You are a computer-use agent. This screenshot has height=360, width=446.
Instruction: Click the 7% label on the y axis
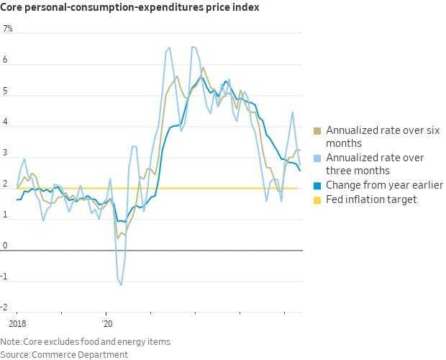pyautogui.click(x=8, y=30)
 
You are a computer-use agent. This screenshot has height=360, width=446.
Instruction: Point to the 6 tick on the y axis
pyautogui.click(x=5, y=60)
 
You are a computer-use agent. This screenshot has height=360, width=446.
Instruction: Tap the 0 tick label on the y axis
pyautogui.click(x=5, y=246)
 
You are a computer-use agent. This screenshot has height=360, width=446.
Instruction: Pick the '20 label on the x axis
pyautogui.click(x=107, y=325)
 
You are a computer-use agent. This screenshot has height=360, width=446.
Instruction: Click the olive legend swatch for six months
pyautogui.click(x=317, y=131)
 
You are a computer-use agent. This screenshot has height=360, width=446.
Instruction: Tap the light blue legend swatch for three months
pyautogui.click(x=317, y=158)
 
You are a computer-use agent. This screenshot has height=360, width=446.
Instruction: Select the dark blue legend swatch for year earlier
pyautogui.click(x=317, y=185)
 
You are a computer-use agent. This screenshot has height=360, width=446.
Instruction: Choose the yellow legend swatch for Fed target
pyautogui.click(x=317, y=199)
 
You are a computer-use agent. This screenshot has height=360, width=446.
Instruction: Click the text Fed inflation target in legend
pyautogui.click(x=371, y=199)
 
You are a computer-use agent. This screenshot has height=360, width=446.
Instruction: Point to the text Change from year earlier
pyautogui.click(x=384, y=185)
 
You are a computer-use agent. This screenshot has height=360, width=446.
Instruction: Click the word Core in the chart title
pyautogui.click(x=14, y=8)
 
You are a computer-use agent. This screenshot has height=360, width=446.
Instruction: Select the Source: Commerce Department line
pyautogui.click(x=64, y=354)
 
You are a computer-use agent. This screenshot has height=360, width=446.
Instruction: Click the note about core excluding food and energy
pyautogui.click(x=86, y=342)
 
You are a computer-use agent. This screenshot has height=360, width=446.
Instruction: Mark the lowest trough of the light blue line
pyautogui.click(x=121, y=285)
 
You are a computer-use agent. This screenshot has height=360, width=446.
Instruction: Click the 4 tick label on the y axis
pyautogui.click(x=5, y=122)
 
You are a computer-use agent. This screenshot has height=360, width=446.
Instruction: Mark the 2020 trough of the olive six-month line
pyautogui.click(x=118, y=238)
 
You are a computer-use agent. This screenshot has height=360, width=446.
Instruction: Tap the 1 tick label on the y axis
pyautogui.click(x=5, y=215)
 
